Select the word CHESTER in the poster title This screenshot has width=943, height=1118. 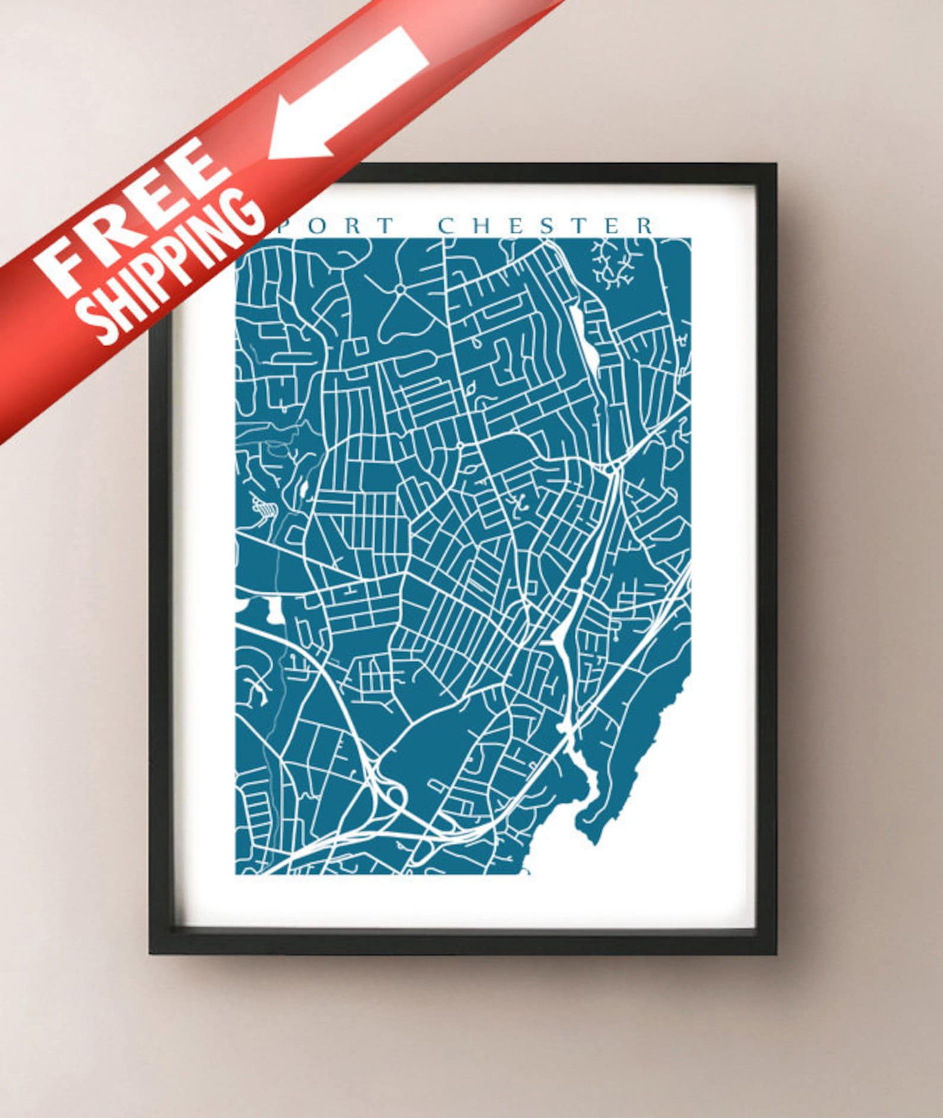click(x=546, y=226)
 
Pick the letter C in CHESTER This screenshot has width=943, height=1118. click(x=447, y=226)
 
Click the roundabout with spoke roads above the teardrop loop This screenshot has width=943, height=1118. click(x=400, y=288)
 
